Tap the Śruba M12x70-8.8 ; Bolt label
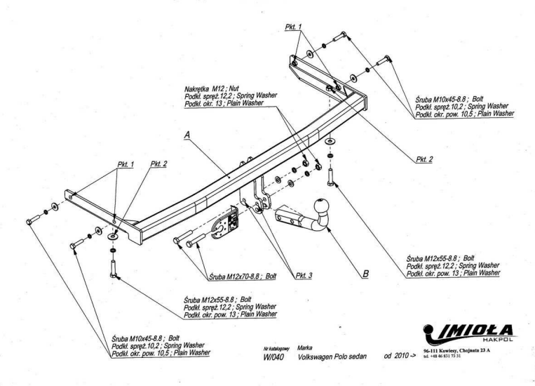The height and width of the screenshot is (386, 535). coord(242,277)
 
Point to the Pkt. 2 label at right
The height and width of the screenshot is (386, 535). coord(424,159)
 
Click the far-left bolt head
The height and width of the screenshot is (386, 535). coord(29,222)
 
